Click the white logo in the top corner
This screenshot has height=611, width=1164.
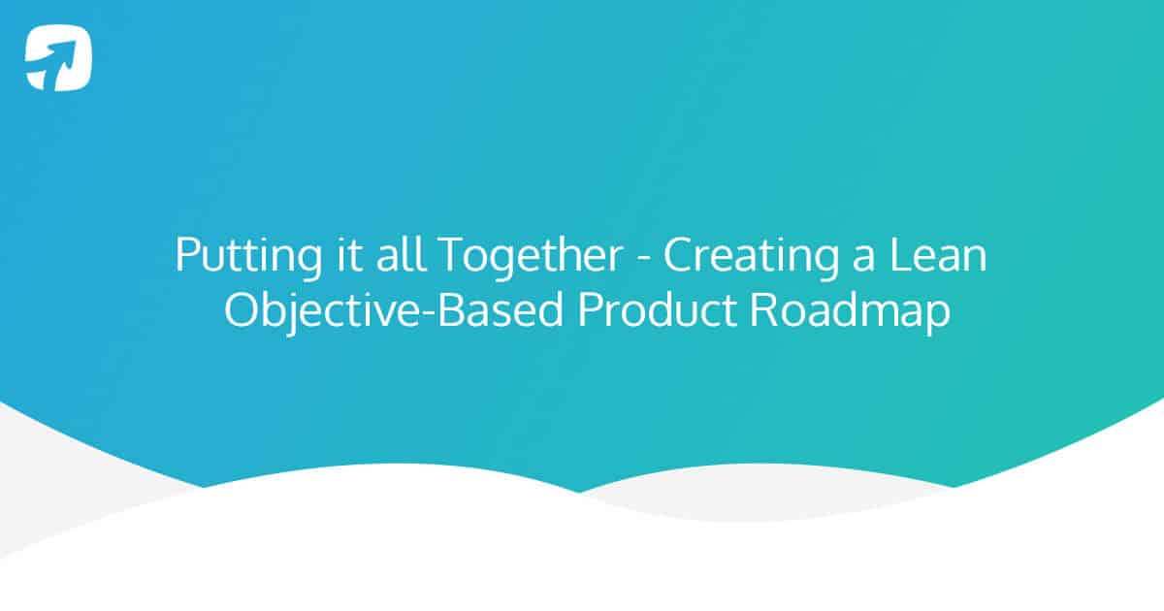[59, 58]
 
